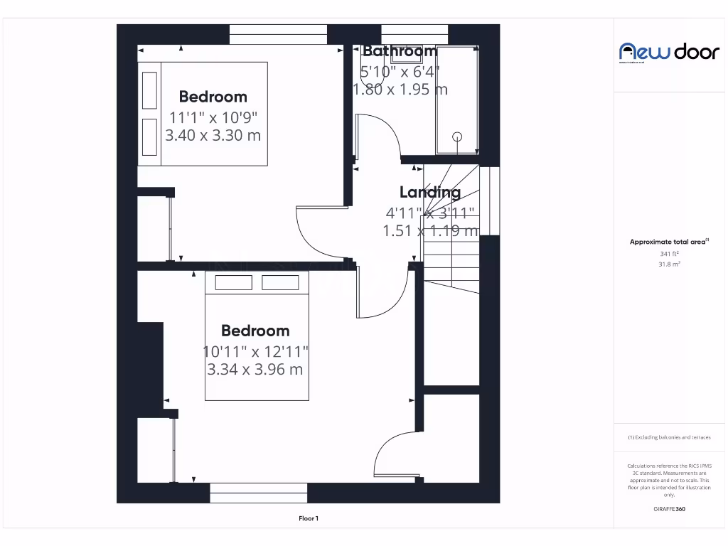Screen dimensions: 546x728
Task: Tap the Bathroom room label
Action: click(x=400, y=51)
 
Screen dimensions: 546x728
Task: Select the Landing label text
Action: click(x=429, y=192)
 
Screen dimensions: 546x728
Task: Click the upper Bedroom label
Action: click(x=213, y=97)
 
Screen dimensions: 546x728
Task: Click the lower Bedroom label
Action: click(x=255, y=331)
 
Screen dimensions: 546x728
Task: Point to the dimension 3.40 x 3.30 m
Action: click(x=213, y=135)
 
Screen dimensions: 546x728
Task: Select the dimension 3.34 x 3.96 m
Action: click(x=255, y=369)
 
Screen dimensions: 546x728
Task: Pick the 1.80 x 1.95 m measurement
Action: click(x=400, y=90)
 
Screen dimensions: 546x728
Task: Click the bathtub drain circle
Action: click(x=457, y=136)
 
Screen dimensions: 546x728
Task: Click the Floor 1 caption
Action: click(x=309, y=519)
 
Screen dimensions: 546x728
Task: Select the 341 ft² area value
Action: click(x=669, y=253)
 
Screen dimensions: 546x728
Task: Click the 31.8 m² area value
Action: click(x=669, y=264)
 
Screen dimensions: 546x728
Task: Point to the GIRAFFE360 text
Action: click(x=669, y=509)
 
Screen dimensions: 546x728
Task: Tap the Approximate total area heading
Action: click(x=668, y=242)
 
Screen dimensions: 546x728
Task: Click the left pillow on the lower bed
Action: click(x=233, y=282)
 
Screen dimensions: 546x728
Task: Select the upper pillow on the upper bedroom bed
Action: click(x=149, y=90)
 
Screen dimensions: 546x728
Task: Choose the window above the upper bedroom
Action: click(x=278, y=35)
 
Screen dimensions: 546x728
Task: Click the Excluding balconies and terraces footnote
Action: click(x=669, y=437)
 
